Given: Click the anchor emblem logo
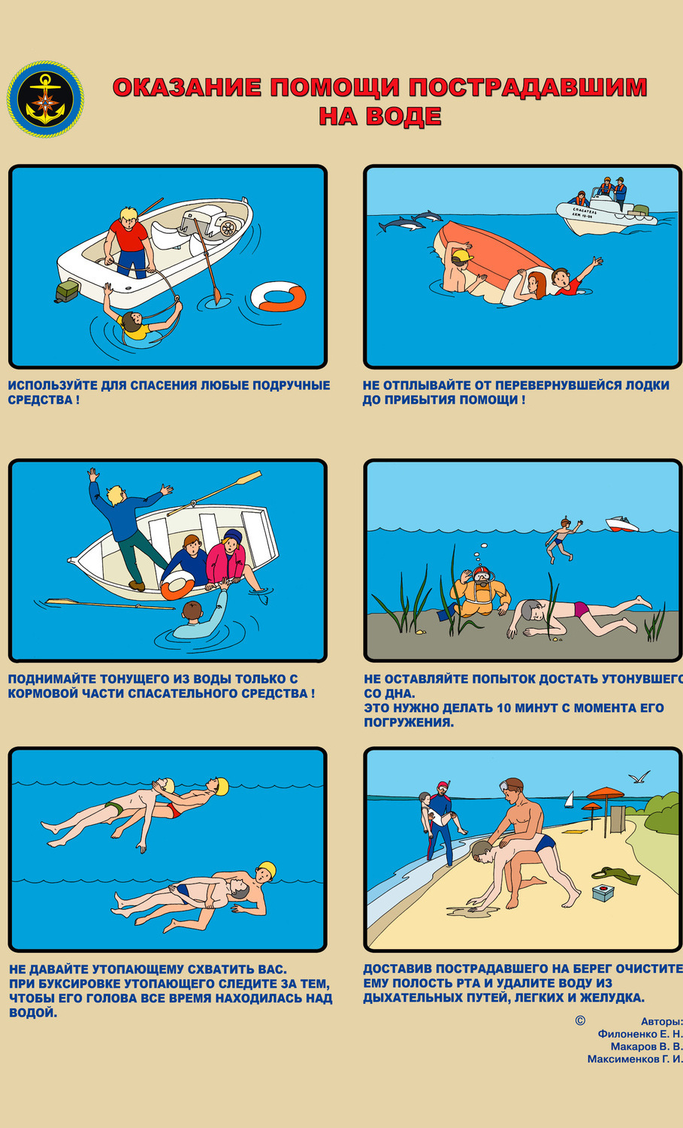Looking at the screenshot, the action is click(x=45, y=99).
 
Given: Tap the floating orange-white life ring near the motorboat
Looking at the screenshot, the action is click(x=278, y=296).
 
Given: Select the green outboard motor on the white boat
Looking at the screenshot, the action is click(x=68, y=292).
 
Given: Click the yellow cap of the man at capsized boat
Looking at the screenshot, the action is click(x=463, y=257).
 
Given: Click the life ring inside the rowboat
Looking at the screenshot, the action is click(x=177, y=584).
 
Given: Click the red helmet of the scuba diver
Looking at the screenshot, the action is click(x=482, y=572).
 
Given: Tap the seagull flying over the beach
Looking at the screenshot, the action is click(x=639, y=777).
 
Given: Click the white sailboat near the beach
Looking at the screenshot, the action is click(x=570, y=799).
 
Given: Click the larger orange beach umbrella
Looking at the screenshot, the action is click(x=605, y=793).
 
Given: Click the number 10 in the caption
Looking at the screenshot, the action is click(x=504, y=708).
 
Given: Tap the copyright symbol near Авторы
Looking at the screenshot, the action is click(x=580, y=1020).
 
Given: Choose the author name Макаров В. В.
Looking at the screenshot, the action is click(x=646, y=1047).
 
